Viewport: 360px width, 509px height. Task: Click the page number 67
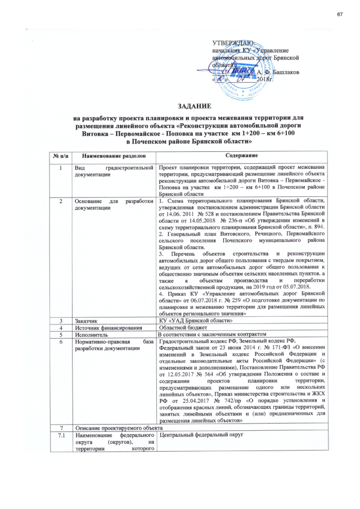[340, 13]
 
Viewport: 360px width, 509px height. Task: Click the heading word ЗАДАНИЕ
[195, 106]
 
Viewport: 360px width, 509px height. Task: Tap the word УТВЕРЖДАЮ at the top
[233, 43]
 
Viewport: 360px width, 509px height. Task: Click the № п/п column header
[61, 155]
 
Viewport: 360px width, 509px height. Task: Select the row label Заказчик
[87, 320]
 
